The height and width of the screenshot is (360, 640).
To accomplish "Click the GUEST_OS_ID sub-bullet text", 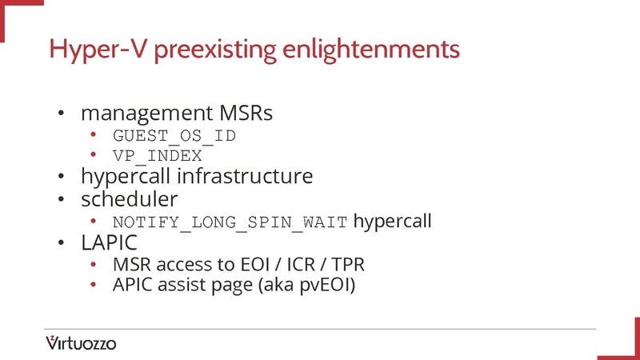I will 174,134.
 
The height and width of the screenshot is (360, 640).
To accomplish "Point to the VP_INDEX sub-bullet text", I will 157,155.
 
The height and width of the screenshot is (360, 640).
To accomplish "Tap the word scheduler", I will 129,197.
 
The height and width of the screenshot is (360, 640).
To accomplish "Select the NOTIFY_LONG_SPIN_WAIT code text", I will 230,221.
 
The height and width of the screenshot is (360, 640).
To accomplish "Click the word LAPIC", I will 110,241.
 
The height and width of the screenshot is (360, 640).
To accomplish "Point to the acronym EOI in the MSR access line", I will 263,263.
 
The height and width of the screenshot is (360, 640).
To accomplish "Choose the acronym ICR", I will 309,263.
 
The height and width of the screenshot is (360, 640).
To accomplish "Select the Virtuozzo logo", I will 81,343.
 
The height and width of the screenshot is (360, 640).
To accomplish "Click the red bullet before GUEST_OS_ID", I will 94,134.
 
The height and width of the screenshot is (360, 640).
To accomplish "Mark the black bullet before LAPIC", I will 60,242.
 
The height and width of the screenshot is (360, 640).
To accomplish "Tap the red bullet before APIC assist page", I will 94,284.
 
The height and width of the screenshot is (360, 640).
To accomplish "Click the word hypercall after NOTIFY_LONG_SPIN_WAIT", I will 392,220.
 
